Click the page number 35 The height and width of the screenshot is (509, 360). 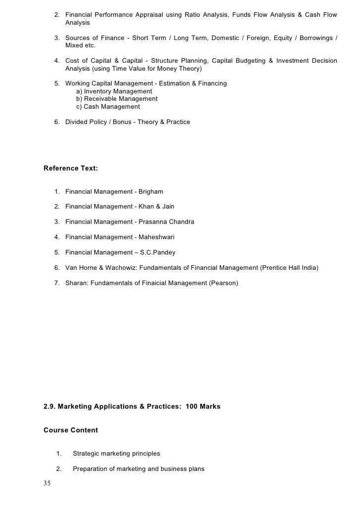(47, 483)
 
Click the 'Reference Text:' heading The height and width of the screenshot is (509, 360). (71, 169)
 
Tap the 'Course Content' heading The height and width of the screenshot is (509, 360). (71, 430)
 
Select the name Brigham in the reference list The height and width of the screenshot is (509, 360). (151, 191)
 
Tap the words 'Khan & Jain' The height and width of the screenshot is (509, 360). (156, 207)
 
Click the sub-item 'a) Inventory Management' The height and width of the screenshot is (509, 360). (114, 91)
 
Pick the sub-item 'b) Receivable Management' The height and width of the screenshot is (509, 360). (117, 99)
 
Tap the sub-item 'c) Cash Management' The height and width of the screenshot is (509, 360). (108, 107)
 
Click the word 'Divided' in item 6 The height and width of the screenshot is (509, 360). (77, 122)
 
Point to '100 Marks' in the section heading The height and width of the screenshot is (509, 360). (203, 407)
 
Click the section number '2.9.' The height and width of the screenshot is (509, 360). (51, 407)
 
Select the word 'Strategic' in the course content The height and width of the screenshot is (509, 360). (87, 453)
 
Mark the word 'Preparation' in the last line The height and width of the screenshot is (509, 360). (90, 468)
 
